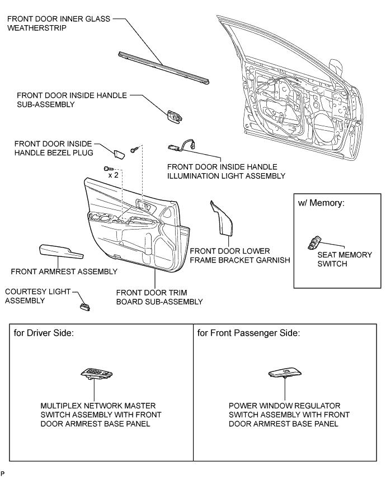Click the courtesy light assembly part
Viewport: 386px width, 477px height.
click(x=85, y=306)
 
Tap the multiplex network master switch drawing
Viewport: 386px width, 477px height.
click(x=96, y=374)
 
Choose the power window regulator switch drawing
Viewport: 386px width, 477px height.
click(x=285, y=374)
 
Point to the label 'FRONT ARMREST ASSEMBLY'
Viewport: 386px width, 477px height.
click(x=64, y=272)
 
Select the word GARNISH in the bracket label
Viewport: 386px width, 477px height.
click(x=272, y=260)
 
